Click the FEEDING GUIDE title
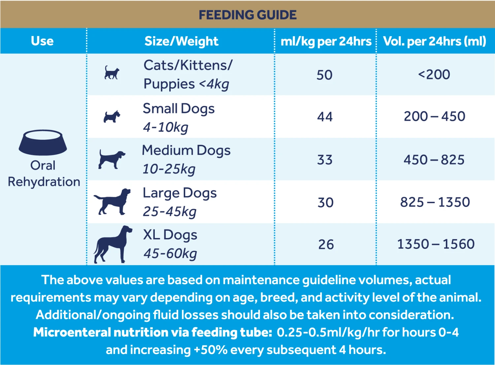247,15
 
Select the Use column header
42,41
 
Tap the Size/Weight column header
181,41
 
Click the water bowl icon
43,142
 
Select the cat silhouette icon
112,73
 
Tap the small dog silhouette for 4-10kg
112,117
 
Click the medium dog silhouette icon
112,159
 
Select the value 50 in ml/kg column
324,75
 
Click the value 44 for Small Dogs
325,117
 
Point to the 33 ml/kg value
325,160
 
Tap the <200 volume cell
434,75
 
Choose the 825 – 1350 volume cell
435,202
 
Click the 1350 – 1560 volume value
436,244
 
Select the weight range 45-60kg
170,254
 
